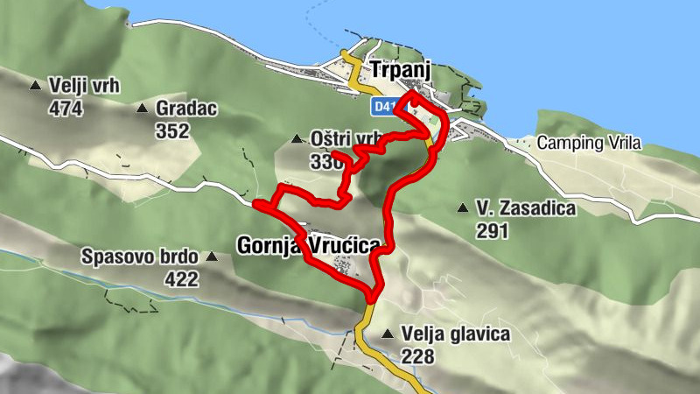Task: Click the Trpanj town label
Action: click(x=402, y=68)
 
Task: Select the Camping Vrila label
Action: click(x=590, y=142)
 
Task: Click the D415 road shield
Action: click(x=382, y=106)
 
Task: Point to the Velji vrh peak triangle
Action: click(x=36, y=86)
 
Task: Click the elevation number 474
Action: click(x=66, y=108)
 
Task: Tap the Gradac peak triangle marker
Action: click(x=142, y=109)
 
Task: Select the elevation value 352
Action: click(x=172, y=130)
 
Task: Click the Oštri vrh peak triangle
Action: click(x=297, y=139)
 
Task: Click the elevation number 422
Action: click(x=181, y=279)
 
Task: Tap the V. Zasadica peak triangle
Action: click(x=462, y=208)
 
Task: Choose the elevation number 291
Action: click(x=493, y=231)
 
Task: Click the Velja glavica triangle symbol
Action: click(x=388, y=334)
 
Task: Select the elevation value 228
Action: click(x=418, y=356)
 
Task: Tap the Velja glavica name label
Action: click(x=455, y=334)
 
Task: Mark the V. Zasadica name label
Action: click(x=525, y=208)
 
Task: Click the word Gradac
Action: click(x=185, y=109)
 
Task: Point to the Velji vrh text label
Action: click(x=84, y=86)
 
